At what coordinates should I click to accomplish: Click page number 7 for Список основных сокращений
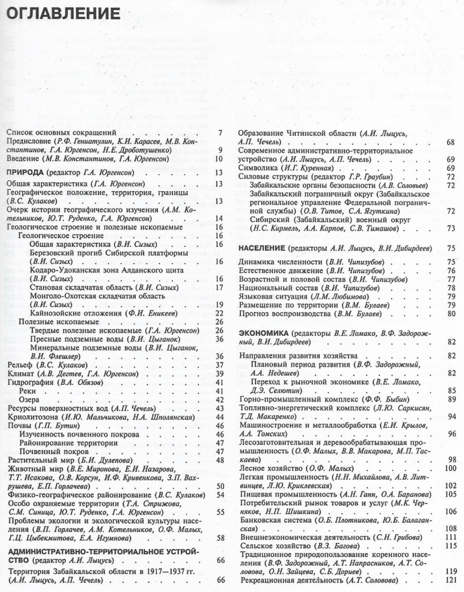click(220, 132)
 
